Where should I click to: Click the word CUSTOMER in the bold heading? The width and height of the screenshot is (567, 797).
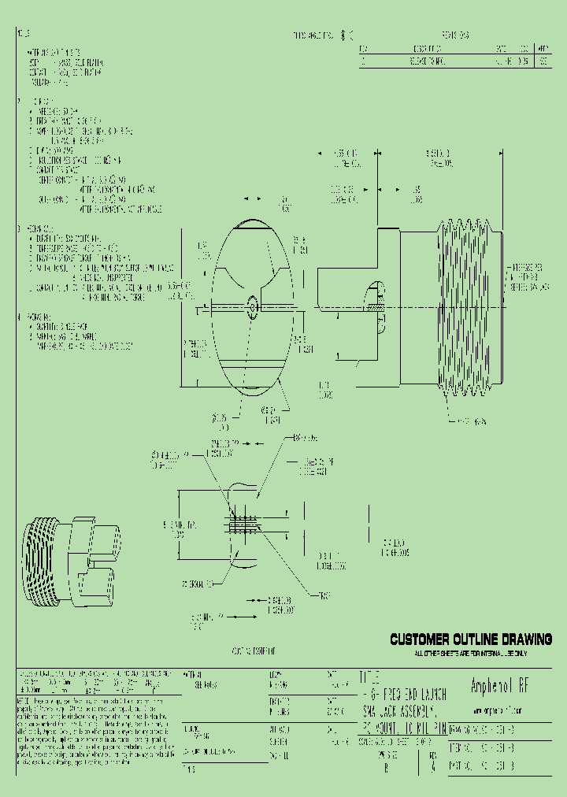pyautogui.click(x=421, y=639)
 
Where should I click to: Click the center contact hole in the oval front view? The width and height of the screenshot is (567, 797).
pyautogui.click(x=251, y=307)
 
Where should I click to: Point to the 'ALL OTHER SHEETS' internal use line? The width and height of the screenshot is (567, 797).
pyautogui.click(x=471, y=653)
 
